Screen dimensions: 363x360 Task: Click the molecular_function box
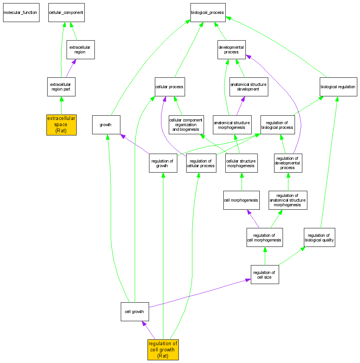pyautogui.click(x=21, y=12)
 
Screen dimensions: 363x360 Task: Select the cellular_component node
pyautogui.click(x=66, y=12)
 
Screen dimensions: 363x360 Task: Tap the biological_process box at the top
pyautogui.click(x=207, y=12)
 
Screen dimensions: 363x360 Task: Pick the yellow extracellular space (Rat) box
pyautogui.click(x=62, y=125)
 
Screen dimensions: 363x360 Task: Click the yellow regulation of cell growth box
pyautogui.click(x=163, y=349)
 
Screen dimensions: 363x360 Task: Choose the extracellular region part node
pyautogui.click(x=61, y=87)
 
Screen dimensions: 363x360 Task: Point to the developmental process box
pyautogui.click(x=231, y=50)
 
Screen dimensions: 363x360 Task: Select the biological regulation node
pyautogui.click(x=338, y=87)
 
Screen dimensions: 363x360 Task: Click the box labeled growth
pyautogui.click(x=106, y=125)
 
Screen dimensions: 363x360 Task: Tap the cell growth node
pyautogui.click(x=135, y=312)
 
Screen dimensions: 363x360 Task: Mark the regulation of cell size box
pyautogui.click(x=265, y=274)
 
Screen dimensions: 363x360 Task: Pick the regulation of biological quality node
pyautogui.click(x=319, y=237)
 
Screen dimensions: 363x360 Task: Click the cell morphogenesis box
pyautogui.click(x=242, y=200)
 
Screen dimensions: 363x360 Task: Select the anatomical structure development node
pyautogui.click(x=248, y=87)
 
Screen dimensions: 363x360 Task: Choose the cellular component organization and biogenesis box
pyautogui.click(x=186, y=125)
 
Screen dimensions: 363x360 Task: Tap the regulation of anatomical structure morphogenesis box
pyautogui.click(x=288, y=200)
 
